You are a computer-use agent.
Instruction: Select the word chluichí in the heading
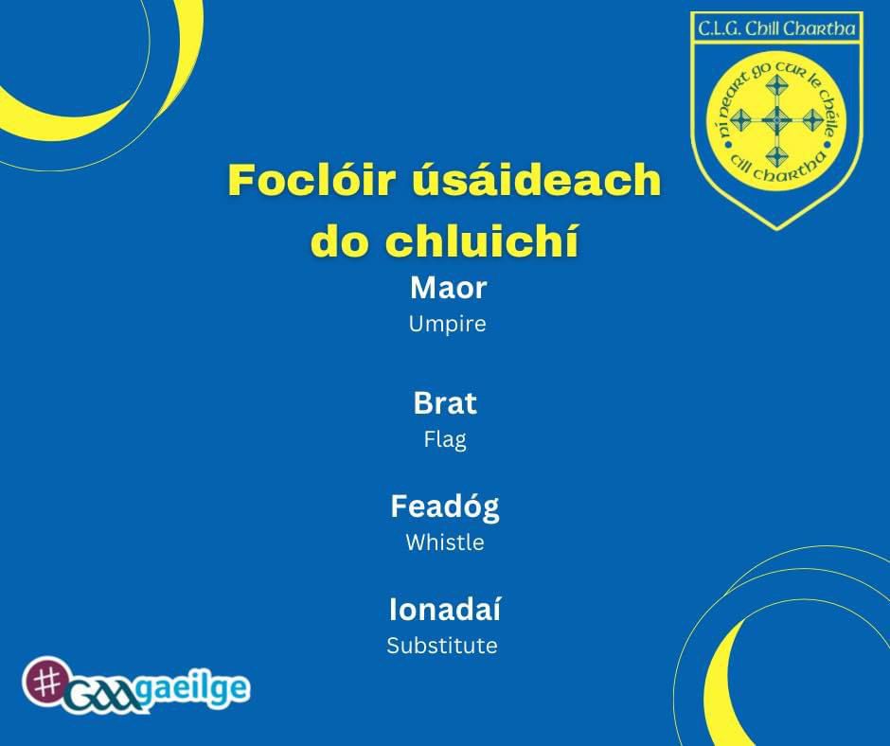tap(482, 240)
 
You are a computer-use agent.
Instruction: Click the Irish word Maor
tap(448, 288)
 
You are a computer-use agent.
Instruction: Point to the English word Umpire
tap(447, 324)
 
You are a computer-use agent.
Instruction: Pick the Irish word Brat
tap(445, 403)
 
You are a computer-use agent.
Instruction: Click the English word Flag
tap(445, 440)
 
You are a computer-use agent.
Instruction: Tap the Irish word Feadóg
tap(445, 507)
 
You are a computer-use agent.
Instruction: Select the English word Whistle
tap(445, 542)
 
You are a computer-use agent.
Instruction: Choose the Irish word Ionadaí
tap(445, 609)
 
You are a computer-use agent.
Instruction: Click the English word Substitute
tap(442, 646)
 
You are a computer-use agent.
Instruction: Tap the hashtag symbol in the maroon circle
tap(45, 682)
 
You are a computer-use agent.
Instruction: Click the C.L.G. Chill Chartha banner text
tap(776, 29)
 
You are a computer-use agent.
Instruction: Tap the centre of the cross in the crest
tap(775, 120)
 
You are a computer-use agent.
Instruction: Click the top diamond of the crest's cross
tap(775, 86)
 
